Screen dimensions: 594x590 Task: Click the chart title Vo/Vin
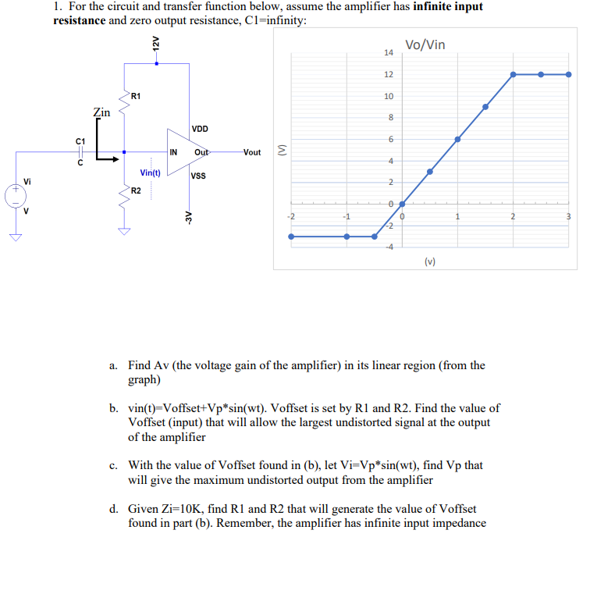pyautogui.click(x=425, y=44)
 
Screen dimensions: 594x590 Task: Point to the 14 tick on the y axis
pyautogui.click(x=389, y=52)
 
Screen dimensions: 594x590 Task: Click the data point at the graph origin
pyautogui.click(x=402, y=204)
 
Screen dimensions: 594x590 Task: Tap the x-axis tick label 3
pyautogui.click(x=569, y=216)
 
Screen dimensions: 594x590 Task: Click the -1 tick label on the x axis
pyautogui.click(x=346, y=216)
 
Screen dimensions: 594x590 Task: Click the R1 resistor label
pyautogui.click(x=136, y=96)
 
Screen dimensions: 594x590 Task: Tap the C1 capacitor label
pyautogui.click(x=80, y=140)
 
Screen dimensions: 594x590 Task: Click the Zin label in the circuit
pyautogui.click(x=101, y=112)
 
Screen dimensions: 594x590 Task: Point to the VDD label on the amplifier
pyautogui.click(x=200, y=129)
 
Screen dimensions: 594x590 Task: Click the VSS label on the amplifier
pyautogui.click(x=198, y=176)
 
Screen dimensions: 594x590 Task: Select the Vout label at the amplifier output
pyautogui.click(x=252, y=152)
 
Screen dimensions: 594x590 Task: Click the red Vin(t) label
pyautogui.click(x=150, y=173)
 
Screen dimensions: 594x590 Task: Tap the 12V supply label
pyautogui.click(x=156, y=44)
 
